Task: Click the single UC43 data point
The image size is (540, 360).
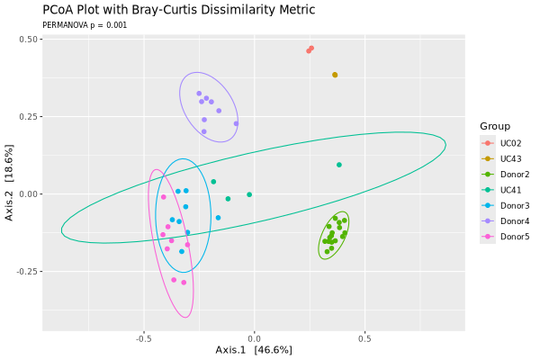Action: pyautogui.click(x=335, y=75)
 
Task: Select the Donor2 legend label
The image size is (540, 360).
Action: pyautogui.click(x=515, y=175)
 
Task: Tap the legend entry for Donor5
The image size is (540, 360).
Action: pyautogui.click(x=515, y=237)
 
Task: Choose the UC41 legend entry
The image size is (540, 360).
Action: pyautogui.click(x=510, y=190)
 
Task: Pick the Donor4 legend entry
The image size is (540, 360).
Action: pyautogui.click(x=515, y=221)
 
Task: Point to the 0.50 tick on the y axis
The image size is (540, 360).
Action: pyautogui.click(x=28, y=40)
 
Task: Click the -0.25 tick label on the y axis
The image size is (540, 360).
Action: pyautogui.click(x=27, y=272)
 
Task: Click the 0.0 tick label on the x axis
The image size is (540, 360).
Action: pyautogui.click(x=254, y=339)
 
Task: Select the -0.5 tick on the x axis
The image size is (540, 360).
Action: pyautogui.click(x=144, y=339)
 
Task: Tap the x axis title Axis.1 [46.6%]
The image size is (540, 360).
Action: pyautogui.click(x=254, y=350)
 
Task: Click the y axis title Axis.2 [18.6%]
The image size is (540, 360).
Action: pyautogui.click(x=9, y=183)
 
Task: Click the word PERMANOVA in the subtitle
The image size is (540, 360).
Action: pyautogui.click(x=66, y=25)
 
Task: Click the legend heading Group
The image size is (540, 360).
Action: pyautogui.click(x=495, y=126)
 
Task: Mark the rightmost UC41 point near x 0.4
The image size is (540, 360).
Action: pyautogui.click(x=339, y=165)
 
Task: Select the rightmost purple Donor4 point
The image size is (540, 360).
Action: pyautogui.click(x=236, y=123)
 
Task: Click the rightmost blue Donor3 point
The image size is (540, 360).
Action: pyautogui.click(x=218, y=218)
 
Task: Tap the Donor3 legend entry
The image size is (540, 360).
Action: pyautogui.click(x=515, y=206)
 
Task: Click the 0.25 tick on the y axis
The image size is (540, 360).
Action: pyautogui.click(x=28, y=117)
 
